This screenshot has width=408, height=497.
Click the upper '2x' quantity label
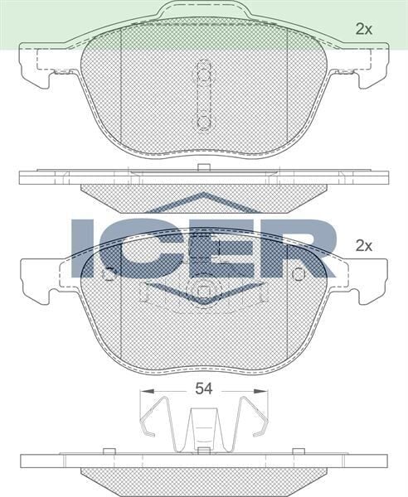pos(363,29)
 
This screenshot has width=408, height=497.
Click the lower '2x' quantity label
pos(363,245)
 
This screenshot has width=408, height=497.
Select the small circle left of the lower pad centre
pos(108,274)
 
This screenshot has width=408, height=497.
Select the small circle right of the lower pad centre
pos(299,274)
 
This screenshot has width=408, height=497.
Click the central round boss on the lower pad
pos(203,292)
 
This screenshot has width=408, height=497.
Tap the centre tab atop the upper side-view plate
pos(203,169)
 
